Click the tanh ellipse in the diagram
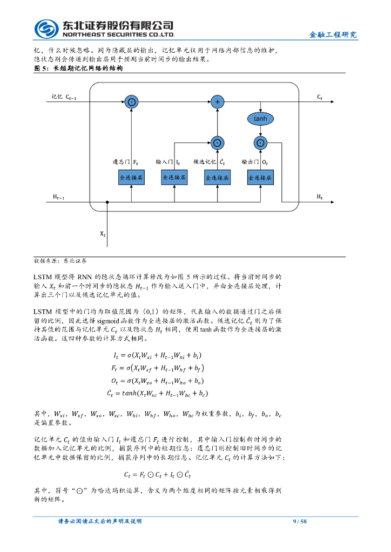coord(260,119)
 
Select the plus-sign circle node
coord(217,102)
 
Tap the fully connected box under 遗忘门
coord(131,177)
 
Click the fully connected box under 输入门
coord(174,177)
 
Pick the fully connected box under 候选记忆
coord(217,177)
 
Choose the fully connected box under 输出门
coord(260,177)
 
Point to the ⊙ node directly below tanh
coord(260,143)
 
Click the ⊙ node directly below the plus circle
coord(217,143)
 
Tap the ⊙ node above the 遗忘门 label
coord(131,102)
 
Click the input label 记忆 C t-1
coord(64,97)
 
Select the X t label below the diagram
coord(103,234)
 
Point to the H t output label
coord(320,197)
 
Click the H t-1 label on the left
coord(58,197)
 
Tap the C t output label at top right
coord(320,97)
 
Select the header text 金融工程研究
coord(333,35)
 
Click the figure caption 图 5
coord(78,69)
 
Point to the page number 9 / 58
coord(299,521)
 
